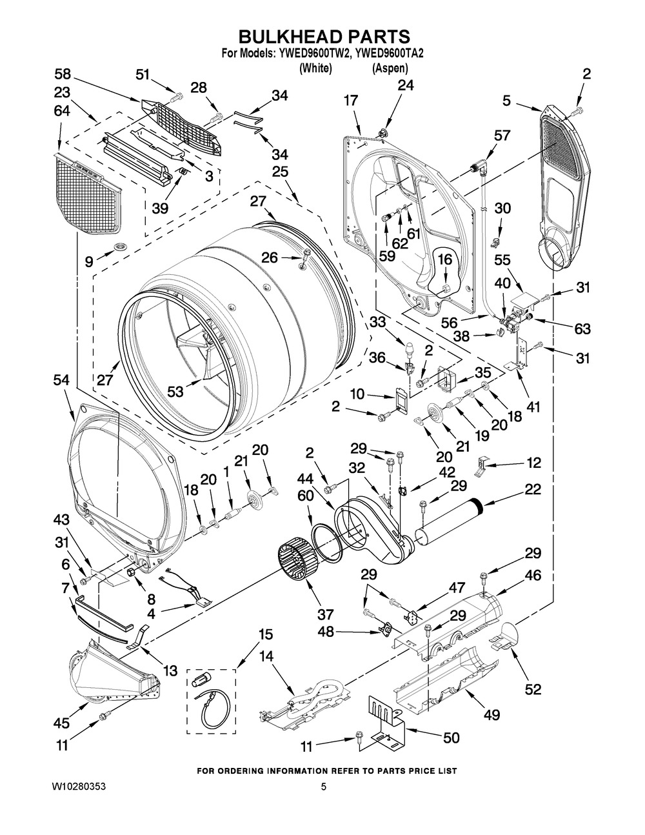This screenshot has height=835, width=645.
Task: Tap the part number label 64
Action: (63, 111)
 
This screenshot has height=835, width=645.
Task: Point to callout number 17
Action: (350, 101)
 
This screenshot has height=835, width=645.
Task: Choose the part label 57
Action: (501, 136)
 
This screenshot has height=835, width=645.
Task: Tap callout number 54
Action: (63, 381)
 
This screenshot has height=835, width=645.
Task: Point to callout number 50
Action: (451, 737)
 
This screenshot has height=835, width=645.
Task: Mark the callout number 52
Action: (532, 689)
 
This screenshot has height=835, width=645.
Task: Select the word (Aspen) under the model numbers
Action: (390, 67)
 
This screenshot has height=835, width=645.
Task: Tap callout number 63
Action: (582, 329)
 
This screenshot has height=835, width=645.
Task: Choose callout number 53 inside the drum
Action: (174, 392)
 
